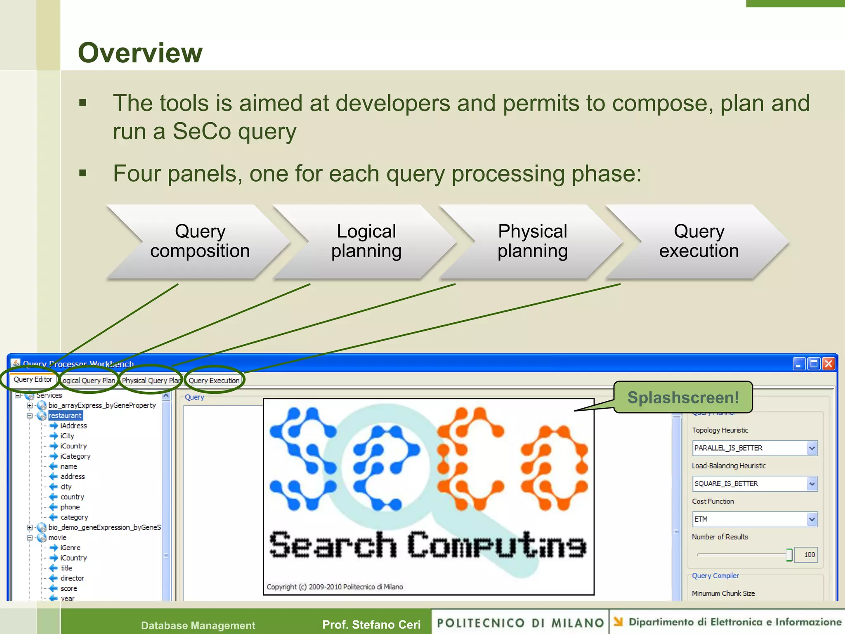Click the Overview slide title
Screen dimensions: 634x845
coord(140,53)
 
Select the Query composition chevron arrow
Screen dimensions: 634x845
coord(200,241)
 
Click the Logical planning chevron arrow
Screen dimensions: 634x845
coord(366,241)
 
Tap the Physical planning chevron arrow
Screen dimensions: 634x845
coord(532,241)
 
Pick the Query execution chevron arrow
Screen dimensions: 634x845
coord(699,241)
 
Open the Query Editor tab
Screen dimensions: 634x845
coord(33,379)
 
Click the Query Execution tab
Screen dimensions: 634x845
coord(214,381)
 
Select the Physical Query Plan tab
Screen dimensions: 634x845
coord(151,381)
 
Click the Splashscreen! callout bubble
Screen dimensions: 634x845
coord(683,397)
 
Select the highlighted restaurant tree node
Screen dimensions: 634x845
coord(65,416)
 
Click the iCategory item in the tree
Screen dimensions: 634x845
coord(75,456)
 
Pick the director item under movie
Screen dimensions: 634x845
coord(72,578)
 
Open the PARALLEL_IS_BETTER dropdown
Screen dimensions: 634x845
coord(754,448)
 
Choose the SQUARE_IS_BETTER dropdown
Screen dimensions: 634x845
coord(754,484)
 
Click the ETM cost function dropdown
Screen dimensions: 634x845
coord(754,519)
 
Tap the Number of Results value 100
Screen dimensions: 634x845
coord(809,555)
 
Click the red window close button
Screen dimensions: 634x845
coord(828,364)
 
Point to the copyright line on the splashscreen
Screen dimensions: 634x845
coord(335,587)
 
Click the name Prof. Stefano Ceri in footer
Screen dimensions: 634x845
coord(371,625)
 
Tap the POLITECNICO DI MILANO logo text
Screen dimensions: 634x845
coord(520,623)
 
